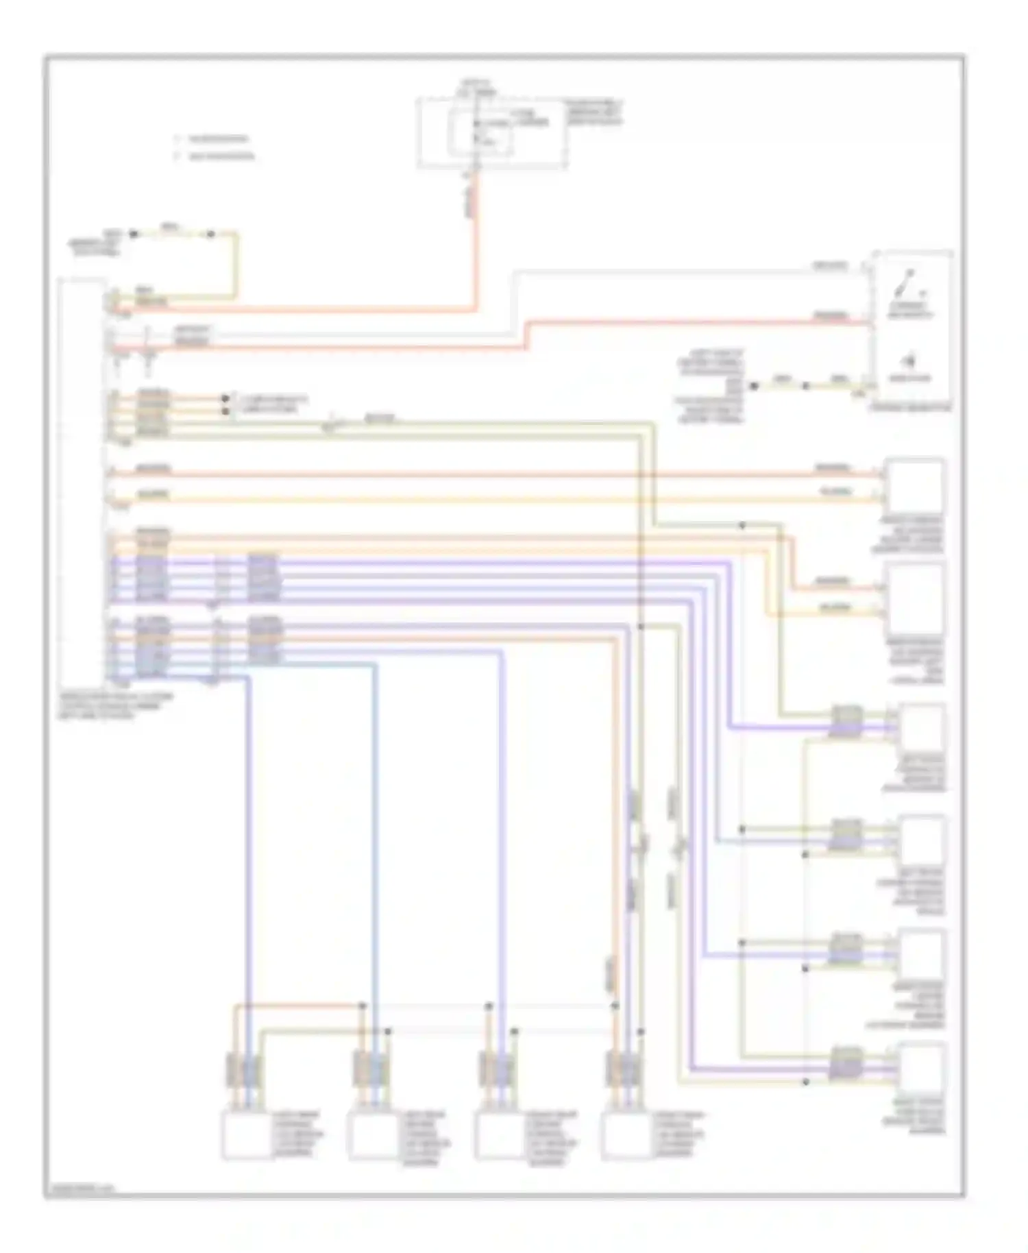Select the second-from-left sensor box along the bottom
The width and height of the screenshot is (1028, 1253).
tap(371, 1136)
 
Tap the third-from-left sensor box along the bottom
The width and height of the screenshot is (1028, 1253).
tap(498, 1136)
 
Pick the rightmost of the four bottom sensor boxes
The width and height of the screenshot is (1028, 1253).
tap(625, 1136)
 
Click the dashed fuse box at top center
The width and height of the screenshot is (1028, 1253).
tap(492, 132)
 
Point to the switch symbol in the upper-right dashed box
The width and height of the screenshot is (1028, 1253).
tap(909, 282)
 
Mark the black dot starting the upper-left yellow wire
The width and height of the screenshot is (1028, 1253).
tap(134, 234)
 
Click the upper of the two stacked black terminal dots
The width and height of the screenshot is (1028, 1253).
tap(225, 398)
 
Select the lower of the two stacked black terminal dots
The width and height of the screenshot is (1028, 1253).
tap(225, 411)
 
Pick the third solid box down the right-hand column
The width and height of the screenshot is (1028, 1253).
tap(922, 729)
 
